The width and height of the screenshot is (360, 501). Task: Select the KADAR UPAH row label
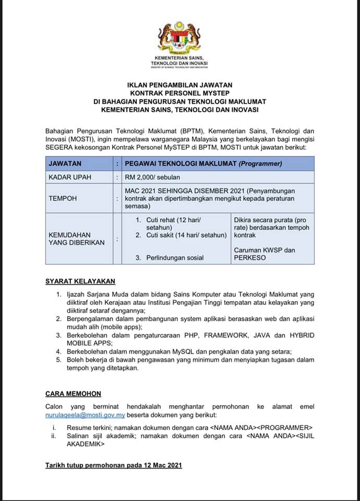pyautogui.click(x=70, y=177)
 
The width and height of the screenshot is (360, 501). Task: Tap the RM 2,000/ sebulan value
pyautogui.click(x=151, y=177)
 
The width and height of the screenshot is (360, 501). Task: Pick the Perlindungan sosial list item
pyautogui.click(x=175, y=258)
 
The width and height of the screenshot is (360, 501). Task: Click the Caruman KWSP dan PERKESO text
pyautogui.click(x=265, y=254)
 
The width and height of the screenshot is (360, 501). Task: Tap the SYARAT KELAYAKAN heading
pyautogui.click(x=80, y=281)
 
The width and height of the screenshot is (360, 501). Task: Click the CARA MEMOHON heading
pyautogui.click(x=73, y=393)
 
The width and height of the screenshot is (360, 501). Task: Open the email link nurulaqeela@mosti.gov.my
pyautogui.click(x=85, y=415)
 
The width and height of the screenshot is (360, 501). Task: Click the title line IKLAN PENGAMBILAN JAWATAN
pyautogui.click(x=179, y=85)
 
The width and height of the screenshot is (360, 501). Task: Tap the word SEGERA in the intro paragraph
pyautogui.click(x=59, y=147)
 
